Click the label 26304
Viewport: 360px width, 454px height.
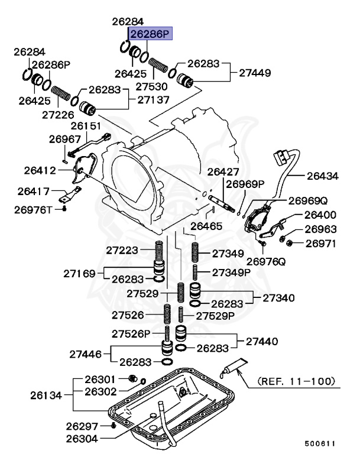(x=82, y=438)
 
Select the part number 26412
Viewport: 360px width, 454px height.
(x=40, y=171)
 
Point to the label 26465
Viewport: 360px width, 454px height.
(x=202, y=226)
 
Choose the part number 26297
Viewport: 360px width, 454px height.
(x=81, y=426)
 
